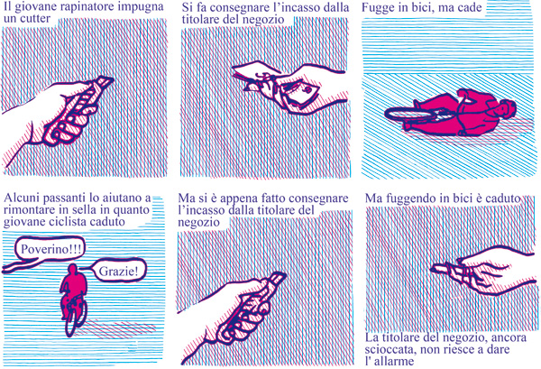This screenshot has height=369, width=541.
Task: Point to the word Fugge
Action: (x=381, y=9)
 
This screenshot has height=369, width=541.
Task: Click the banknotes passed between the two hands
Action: (x=289, y=89)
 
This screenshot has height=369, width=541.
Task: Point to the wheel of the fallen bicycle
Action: (x=415, y=115)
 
